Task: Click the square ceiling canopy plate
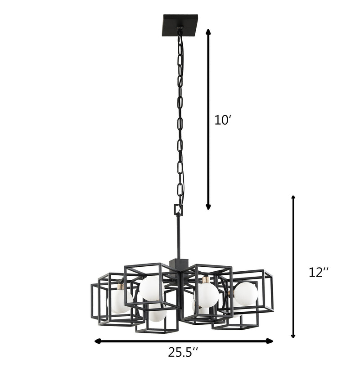click(180, 25)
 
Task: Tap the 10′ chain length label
click(221, 121)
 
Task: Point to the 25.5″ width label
click(183, 352)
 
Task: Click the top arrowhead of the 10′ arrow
click(208, 31)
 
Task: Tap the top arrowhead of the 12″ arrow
click(293, 198)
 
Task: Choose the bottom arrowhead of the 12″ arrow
click(293, 336)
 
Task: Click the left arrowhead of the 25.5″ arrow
click(98, 341)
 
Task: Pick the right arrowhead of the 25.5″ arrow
click(270, 341)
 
